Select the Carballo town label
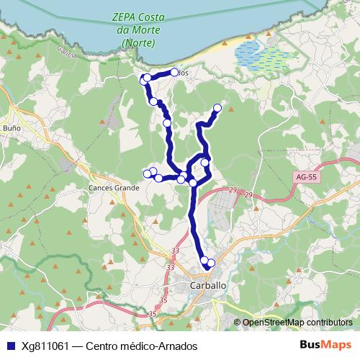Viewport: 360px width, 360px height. [208, 285]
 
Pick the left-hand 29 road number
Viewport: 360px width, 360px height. [233, 190]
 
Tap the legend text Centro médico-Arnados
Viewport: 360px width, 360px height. [141, 346]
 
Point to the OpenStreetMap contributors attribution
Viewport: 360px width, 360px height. [297, 323]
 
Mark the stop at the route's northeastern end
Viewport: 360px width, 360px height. [217, 108]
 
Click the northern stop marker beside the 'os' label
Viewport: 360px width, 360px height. [174, 72]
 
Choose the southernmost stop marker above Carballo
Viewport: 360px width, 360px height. [211, 263]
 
